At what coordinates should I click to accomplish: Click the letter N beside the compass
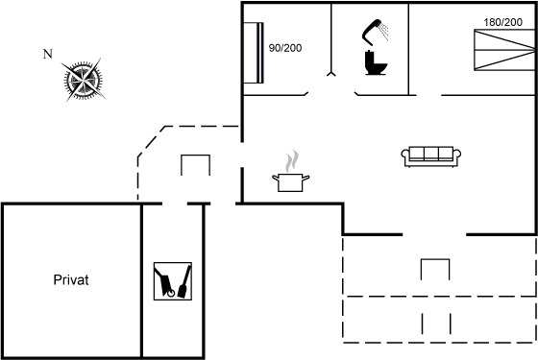[48, 54]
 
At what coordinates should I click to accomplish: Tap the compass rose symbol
[83, 81]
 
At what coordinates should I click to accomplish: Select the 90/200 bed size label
[285, 48]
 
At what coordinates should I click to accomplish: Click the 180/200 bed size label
[503, 22]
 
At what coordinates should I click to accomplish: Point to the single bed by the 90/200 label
[254, 53]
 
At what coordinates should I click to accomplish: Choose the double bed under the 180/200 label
[504, 50]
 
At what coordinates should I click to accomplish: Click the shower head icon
[375, 32]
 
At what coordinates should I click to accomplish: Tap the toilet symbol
[376, 62]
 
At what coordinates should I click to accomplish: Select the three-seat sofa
[431, 156]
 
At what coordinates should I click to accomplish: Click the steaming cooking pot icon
[290, 171]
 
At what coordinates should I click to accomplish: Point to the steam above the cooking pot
[292, 160]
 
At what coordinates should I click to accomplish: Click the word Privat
[71, 280]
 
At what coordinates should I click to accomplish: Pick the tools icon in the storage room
[173, 281]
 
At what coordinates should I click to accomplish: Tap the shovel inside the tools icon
[184, 282]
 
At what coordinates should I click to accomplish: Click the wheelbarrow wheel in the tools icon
[171, 293]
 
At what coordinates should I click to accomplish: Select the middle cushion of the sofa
[431, 154]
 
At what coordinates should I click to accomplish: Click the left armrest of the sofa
[405, 154]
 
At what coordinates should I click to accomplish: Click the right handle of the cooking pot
[306, 178]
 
